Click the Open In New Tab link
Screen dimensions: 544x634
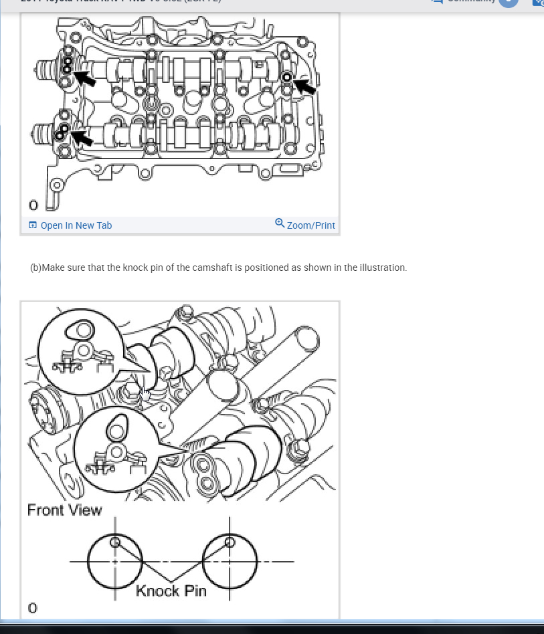pyautogui.click(x=76, y=225)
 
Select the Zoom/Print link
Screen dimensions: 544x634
pyautogui.click(x=310, y=225)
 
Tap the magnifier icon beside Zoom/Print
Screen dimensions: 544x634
pyautogui.click(x=280, y=223)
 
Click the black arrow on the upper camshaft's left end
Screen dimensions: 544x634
pyautogui.click(x=84, y=78)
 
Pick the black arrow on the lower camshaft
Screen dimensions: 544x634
pyautogui.click(x=82, y=138)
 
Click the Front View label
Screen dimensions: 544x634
pyautogui.click(x=64, y=510)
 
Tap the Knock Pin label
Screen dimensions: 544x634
pyautogui.click(x=171, y=591)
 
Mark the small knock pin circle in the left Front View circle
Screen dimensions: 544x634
pyautogui.click(x=114, y=542)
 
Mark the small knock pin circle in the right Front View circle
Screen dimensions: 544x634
pyautogui.click(x=230, y=542)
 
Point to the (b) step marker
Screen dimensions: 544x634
pyautogui.click(x=35, y=268)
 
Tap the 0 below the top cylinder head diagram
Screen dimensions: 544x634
pyautogui.click(x=33, y=205)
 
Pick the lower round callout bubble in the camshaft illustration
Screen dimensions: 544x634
pyautogui.click(x=114, y=447)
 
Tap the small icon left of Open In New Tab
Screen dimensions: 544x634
pyautogui.click(x=33, y=225)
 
